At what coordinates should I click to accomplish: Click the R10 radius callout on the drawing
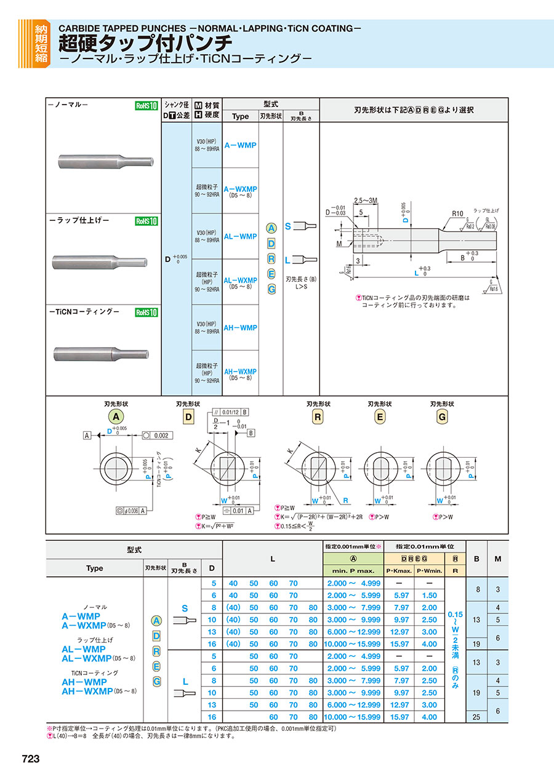[x=456, y=213]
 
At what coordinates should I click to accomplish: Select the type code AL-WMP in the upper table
[x=240, y=236]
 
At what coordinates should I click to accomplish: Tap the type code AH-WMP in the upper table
[x=240, y=328]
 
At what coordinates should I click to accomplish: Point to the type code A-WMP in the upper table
[x=240, y=145]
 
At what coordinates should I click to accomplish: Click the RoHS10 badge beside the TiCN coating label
[x=147, y=312]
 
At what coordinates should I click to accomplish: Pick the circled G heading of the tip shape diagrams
[x=441, y=417]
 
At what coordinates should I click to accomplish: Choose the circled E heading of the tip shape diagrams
[x=380, y=417]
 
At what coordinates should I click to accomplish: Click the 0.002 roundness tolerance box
[x=159, y=435]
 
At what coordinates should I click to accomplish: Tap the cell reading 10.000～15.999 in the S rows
[x=353, y=644]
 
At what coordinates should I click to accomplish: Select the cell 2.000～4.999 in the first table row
[x=353, y=583]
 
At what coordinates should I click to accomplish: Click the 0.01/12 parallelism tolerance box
[x=230, y=412]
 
